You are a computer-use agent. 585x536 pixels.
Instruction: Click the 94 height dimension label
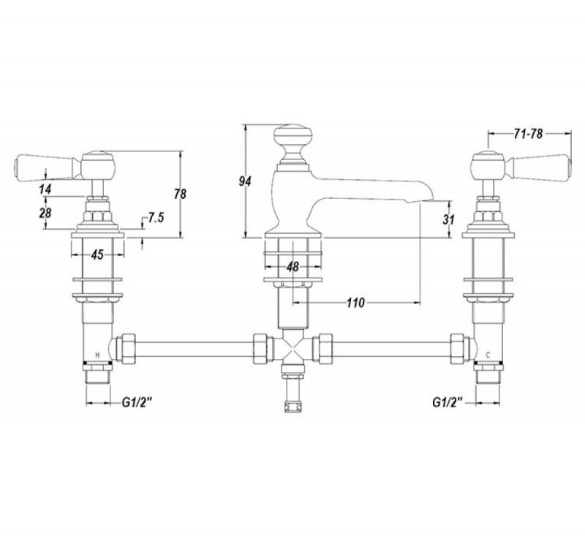click(245, 181)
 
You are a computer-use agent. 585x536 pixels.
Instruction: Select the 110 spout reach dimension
click(355, 303)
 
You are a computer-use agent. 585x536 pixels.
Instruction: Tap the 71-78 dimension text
click(528, 134)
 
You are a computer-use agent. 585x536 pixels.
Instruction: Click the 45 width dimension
click(97, 254)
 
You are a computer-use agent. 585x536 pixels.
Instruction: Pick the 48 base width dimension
click(293, 267)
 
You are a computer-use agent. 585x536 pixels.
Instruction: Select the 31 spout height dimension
click(448, 219)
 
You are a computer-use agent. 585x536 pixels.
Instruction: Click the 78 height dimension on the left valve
click(180, 194)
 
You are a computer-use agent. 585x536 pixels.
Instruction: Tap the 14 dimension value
click(45, 189)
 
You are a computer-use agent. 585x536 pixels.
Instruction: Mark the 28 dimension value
click(45, 214)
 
